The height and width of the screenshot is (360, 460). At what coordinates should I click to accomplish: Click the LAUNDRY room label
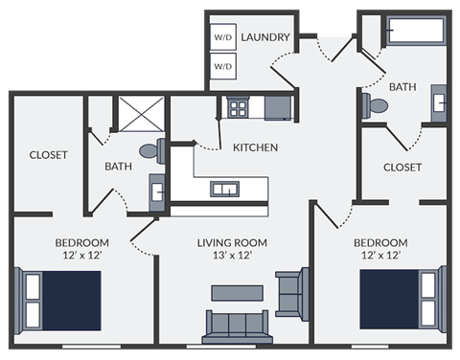pyautogui.click(x=265, y=37)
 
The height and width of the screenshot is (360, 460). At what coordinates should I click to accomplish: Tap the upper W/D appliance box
pyautogui.click(x=222, y=37)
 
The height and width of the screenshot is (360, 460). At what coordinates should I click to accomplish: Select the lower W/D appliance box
pyautogui.click(x=222, y=66)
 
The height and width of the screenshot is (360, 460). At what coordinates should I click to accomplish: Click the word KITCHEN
pyautogui.click(x=255, y=147)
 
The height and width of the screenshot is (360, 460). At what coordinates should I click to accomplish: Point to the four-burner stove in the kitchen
pyautogui.click(x=237, y=106)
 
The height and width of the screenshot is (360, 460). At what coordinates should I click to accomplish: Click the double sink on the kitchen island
pyautogui.click(x=227, y=188)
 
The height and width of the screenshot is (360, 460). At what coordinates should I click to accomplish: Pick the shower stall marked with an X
pyautogui.click(x=139, y=114)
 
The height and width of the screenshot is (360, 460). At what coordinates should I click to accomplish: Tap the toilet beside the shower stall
pyautogui.click(x=153, y=150)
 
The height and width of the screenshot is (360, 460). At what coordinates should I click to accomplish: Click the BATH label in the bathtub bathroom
pyautogui.click(x=402, y=87)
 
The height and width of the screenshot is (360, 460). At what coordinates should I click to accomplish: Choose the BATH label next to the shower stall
pyautogui.click(x=118, y=167)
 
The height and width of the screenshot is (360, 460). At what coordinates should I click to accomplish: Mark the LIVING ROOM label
pyautogui.click(x=232, y=242)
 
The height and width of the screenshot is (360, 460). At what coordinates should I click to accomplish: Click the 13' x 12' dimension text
pyautogui.click(x=232, y=257)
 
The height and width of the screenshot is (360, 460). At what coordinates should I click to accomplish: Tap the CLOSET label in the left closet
pyautogui.click(x=48, y=155)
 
